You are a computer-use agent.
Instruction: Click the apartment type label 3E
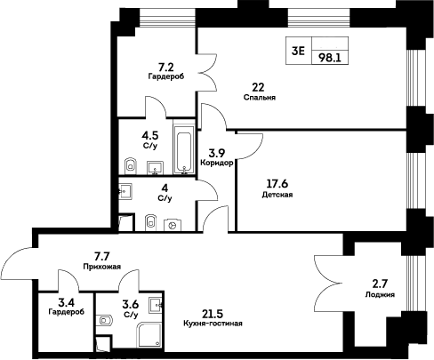298,51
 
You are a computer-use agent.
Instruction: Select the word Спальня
259,98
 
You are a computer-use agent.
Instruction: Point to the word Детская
278,195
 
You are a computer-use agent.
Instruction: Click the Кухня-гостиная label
213,324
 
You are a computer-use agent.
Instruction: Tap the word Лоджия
380,294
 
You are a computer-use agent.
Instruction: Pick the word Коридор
217,164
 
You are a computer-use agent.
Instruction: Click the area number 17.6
278,184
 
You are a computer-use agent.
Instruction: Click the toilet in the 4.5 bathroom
130,164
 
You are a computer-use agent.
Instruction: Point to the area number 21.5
213,314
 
